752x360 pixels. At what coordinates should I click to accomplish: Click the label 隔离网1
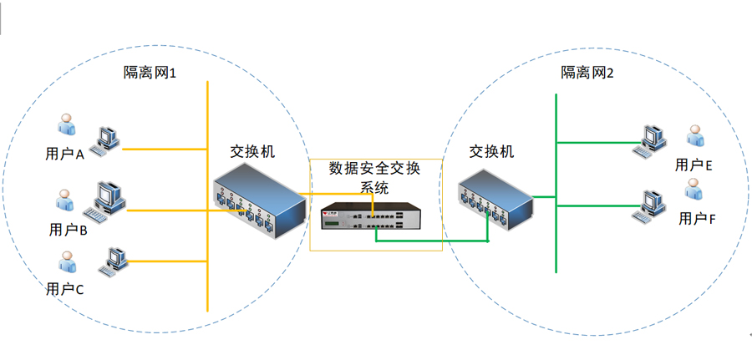point(150,73)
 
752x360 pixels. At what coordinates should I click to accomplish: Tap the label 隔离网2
point(587,73)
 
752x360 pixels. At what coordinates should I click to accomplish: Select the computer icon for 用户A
point(104,141)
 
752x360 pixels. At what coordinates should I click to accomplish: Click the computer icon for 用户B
point(104,204)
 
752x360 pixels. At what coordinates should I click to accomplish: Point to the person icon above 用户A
point(66,124)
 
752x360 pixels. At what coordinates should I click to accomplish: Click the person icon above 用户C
point(67,261)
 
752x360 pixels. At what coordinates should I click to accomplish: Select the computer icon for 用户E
point(649,142)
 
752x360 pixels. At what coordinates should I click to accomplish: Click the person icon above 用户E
point(694,135)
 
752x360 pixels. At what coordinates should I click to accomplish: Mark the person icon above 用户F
point(693,189)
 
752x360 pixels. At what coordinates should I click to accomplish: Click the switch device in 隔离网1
point(260,200)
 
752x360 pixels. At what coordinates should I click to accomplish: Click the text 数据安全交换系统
point(375,177)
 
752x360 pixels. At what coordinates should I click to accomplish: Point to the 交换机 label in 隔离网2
point(491,151)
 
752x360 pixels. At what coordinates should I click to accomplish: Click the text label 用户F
point(697,219)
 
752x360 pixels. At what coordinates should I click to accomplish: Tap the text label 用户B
point(69,230)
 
